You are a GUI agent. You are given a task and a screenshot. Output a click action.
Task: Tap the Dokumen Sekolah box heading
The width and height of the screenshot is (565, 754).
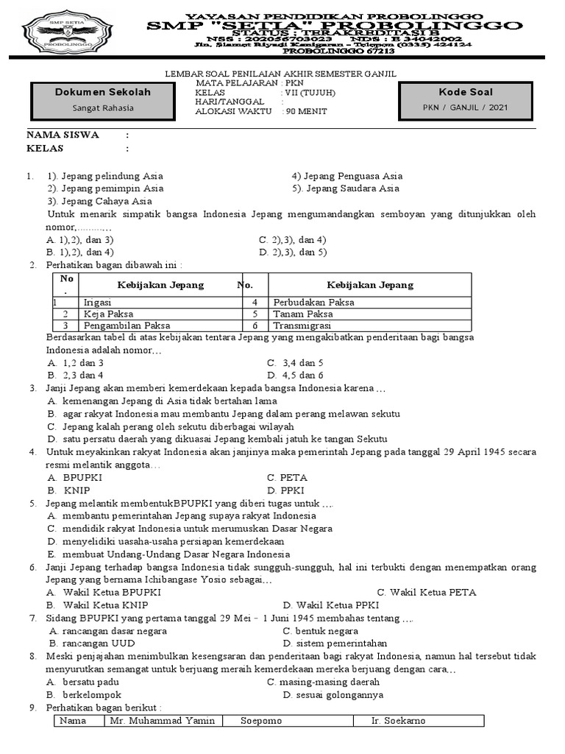pos(103,92)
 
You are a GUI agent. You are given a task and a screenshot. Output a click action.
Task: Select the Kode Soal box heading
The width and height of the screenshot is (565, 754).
pos(466,92)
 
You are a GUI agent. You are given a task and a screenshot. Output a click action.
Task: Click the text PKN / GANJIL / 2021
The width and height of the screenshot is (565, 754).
pos(466,108)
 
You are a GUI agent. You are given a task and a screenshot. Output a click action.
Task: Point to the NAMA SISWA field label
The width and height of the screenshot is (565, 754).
pos(63,135)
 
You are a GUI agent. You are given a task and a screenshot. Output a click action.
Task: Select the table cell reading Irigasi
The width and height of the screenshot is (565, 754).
pos(98,302)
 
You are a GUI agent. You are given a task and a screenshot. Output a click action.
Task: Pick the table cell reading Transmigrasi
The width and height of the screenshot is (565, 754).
pos(302,325)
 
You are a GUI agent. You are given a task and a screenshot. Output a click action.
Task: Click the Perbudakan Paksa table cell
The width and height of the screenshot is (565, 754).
pos(313,302)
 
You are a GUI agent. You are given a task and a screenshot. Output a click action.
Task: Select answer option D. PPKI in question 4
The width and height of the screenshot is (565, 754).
pos(286,490)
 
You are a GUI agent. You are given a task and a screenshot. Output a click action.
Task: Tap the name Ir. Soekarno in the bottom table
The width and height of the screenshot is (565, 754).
pos(398,720)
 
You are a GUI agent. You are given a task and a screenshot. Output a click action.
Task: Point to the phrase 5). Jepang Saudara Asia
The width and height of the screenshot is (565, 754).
pos(345,188)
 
